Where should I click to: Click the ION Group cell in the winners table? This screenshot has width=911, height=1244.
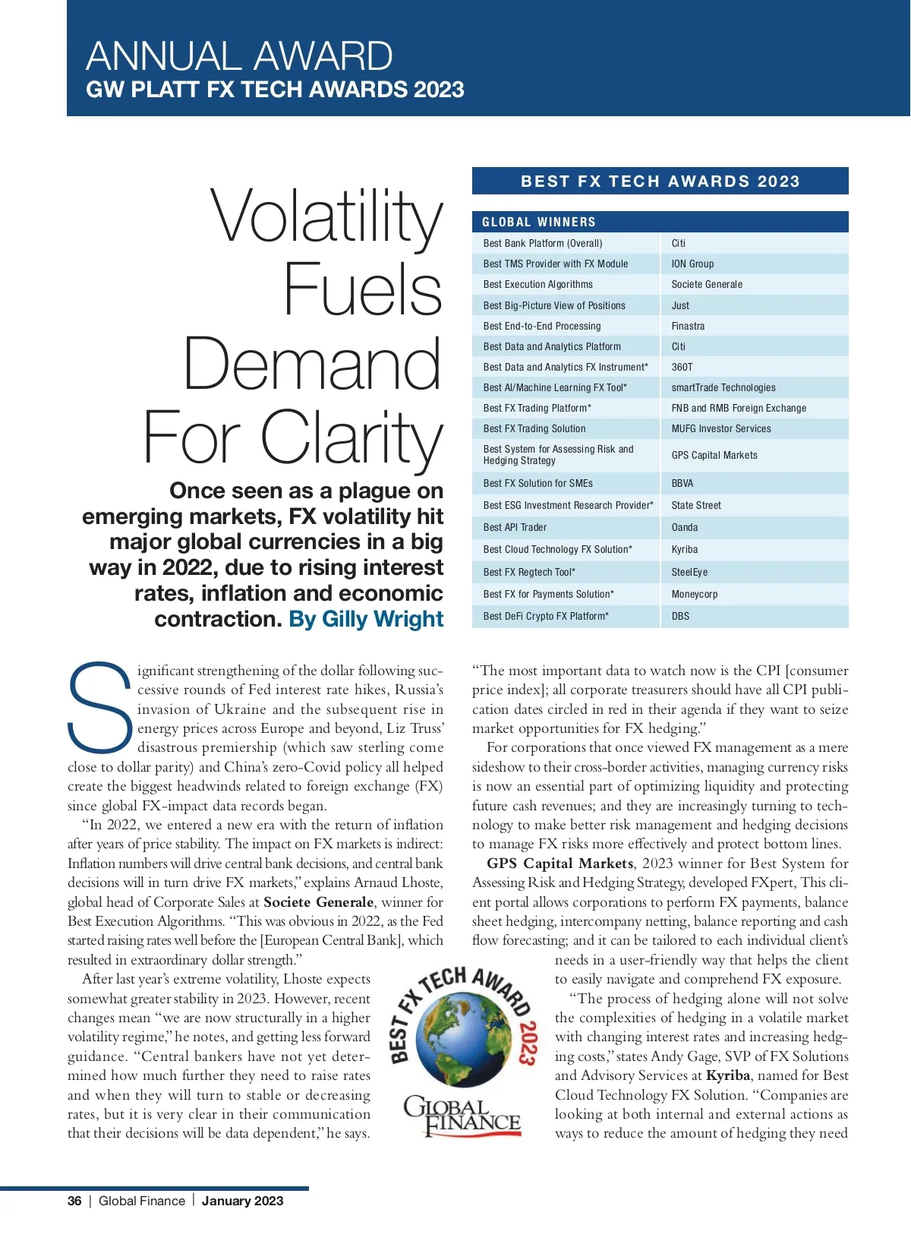coord(692,264)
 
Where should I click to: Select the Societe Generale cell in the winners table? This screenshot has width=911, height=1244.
coord(707,285)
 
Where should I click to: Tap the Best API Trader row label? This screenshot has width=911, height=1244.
coord(515,528)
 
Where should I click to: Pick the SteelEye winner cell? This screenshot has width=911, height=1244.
coord(689,573)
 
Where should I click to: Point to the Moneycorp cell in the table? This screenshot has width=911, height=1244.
coord(694,595)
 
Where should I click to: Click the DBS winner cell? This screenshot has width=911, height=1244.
coord(680,617)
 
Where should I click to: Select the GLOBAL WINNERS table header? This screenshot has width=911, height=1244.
coord(539,223)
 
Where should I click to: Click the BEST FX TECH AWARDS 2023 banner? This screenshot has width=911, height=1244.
coord(660,182)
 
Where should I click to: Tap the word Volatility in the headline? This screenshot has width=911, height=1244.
coord(326,216)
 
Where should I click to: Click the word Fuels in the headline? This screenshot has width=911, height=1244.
coord(362,289)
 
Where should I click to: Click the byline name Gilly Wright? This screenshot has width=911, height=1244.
coord(383,620)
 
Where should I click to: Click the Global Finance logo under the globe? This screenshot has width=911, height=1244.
coord(462,1116)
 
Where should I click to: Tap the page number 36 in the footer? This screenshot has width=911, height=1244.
coord(74,1201)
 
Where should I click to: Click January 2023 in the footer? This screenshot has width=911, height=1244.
coord(242,1201)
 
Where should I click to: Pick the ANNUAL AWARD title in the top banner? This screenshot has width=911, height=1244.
coord(239,56)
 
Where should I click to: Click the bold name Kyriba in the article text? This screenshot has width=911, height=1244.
coord(727,1075)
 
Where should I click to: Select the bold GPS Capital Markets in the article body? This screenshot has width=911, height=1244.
coord(560,864)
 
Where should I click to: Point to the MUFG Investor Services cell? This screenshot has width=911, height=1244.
coord(720,429)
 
